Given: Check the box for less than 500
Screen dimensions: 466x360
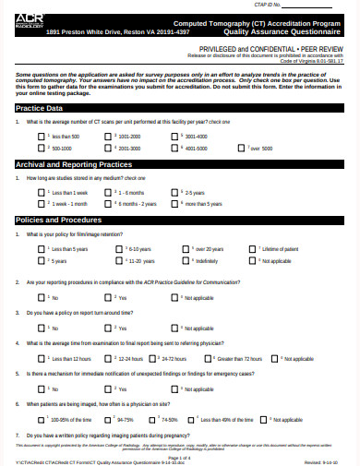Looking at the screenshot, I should tap(41, 136).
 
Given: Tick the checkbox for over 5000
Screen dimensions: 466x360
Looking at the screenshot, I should tap(244, 147).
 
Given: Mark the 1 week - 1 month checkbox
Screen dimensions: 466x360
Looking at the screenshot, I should tap(41, 202).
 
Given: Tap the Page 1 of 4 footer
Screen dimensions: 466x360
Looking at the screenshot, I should tap(180, 456).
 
